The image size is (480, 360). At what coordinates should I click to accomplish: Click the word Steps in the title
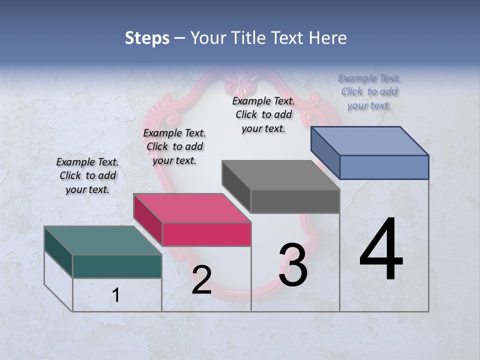[147, 38]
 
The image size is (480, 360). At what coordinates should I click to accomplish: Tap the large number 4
[381, 250]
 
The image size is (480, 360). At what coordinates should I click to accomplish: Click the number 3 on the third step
[293, 265]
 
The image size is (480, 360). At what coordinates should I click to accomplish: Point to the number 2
[201, 280]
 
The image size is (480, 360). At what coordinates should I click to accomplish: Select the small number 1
[116, 295]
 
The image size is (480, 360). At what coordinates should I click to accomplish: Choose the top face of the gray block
[280, 175]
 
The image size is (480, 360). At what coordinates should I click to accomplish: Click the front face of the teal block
[117, 266]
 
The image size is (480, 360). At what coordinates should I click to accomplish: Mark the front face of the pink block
[206, 234]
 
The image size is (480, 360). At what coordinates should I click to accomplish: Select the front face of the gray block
[295, 201]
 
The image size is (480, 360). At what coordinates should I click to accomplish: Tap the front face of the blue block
[384, 167]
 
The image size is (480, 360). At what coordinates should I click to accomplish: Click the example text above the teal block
[87, 175]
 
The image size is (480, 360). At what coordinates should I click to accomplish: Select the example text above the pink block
[174, 146]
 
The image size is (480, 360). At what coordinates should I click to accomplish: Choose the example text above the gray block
[263, 114]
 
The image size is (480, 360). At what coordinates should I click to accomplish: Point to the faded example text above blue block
[369, 91]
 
